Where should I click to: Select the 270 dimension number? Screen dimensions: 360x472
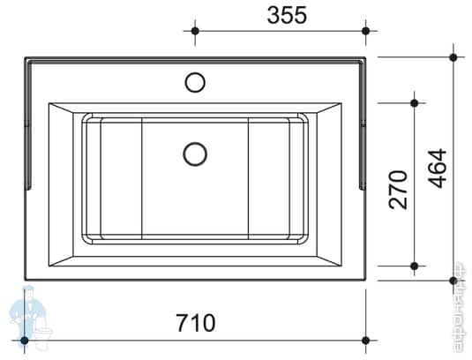(x=399, y=188)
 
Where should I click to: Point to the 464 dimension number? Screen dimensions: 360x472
(x=438, y=168)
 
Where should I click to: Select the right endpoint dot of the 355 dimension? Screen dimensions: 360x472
(x=366, y=31)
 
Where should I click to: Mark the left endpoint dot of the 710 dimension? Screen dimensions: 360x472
(x=24, y=340)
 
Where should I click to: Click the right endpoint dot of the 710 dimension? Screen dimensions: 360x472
(x=366, y=340)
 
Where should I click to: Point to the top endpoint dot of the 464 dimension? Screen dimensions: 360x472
(x=453, y=57)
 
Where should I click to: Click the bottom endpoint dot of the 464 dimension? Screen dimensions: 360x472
(x=453, y=281)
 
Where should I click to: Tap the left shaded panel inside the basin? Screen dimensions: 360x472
(x=122, y=179)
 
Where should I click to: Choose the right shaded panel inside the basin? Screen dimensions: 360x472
(x=268, y=179)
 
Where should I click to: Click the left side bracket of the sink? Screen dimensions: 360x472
(x=29, y=124)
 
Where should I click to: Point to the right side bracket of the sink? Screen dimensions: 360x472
(x=362, y=124)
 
